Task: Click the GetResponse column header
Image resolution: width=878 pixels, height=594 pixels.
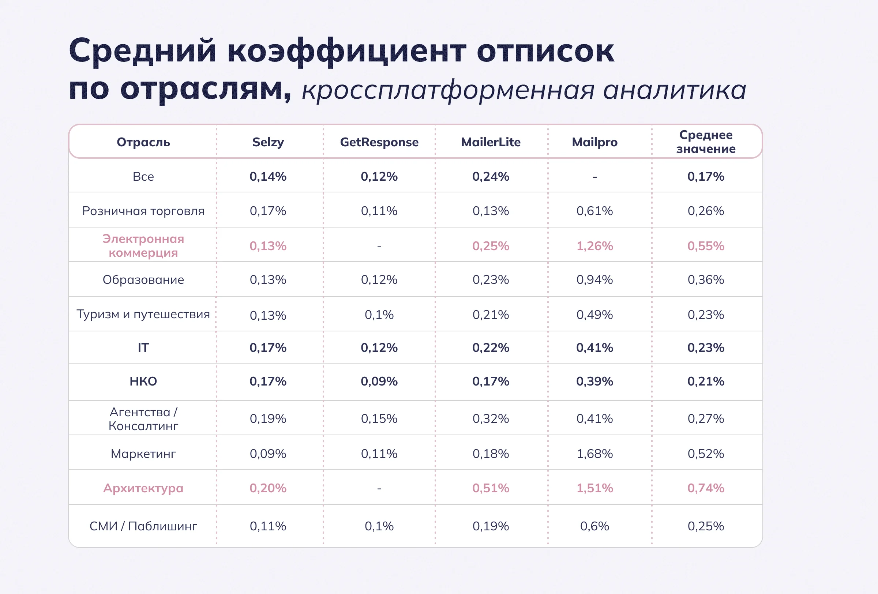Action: click(379, 142)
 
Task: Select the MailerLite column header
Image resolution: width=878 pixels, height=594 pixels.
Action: click(491, 142)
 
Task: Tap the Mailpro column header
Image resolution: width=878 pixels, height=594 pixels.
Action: click(594, 142)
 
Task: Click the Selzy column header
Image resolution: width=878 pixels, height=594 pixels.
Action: click(268, 142)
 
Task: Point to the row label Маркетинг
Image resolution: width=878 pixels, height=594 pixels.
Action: click(143, 454)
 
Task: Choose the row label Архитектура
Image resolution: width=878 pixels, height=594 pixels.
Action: click(143, 488)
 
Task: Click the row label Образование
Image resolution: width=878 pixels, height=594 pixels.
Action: click(143, 280)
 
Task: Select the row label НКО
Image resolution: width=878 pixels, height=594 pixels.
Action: click(143, 381)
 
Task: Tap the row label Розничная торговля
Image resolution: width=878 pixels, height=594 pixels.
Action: click(143, 211)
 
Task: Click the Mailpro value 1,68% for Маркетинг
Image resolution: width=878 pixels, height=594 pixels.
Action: click(594, 454)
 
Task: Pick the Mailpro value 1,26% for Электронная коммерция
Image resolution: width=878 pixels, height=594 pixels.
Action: click(594, 246)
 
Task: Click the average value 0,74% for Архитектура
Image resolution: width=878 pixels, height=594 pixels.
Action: click(706, 488)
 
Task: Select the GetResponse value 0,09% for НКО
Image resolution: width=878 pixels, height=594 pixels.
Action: click(379, 381)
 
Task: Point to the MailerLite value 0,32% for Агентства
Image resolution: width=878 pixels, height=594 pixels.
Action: click(491, 418)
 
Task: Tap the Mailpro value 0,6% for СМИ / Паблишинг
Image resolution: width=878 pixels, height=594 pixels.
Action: click(594, 526)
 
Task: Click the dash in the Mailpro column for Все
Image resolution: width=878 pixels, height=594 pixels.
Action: click(594, 177)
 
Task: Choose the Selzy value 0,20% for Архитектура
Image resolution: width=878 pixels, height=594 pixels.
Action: click(268, 488)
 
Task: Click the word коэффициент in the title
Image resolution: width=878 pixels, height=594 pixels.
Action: click(346, 51)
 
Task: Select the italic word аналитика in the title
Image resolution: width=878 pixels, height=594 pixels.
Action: click(674, 91)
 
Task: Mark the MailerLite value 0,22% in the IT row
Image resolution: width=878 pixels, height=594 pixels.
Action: click(491, 347)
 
